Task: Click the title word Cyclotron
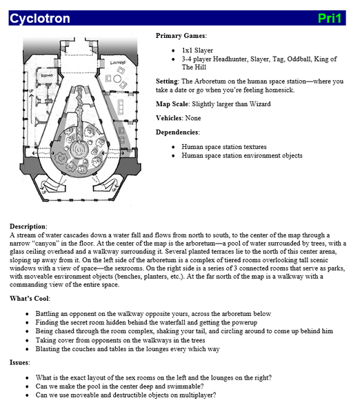point(40,19)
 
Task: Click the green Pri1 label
point(330,19)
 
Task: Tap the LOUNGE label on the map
point(118,63)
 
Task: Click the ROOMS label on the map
point(47,76)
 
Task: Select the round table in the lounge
point(117,79)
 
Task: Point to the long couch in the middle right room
point(121,106)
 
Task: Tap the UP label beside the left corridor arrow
point(31,91)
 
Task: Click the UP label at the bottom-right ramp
point(114,190)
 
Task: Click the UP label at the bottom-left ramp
point(44,192)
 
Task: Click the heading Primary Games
point(181,36)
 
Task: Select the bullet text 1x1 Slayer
point(197,50)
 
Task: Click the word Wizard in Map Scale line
point(260,104)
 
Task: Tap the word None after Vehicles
point(193,118)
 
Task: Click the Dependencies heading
point(178,132)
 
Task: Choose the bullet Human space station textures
point(224,147)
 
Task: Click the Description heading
point(28,226)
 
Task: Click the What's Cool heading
point(30,299)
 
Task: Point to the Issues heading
point(20,362)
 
